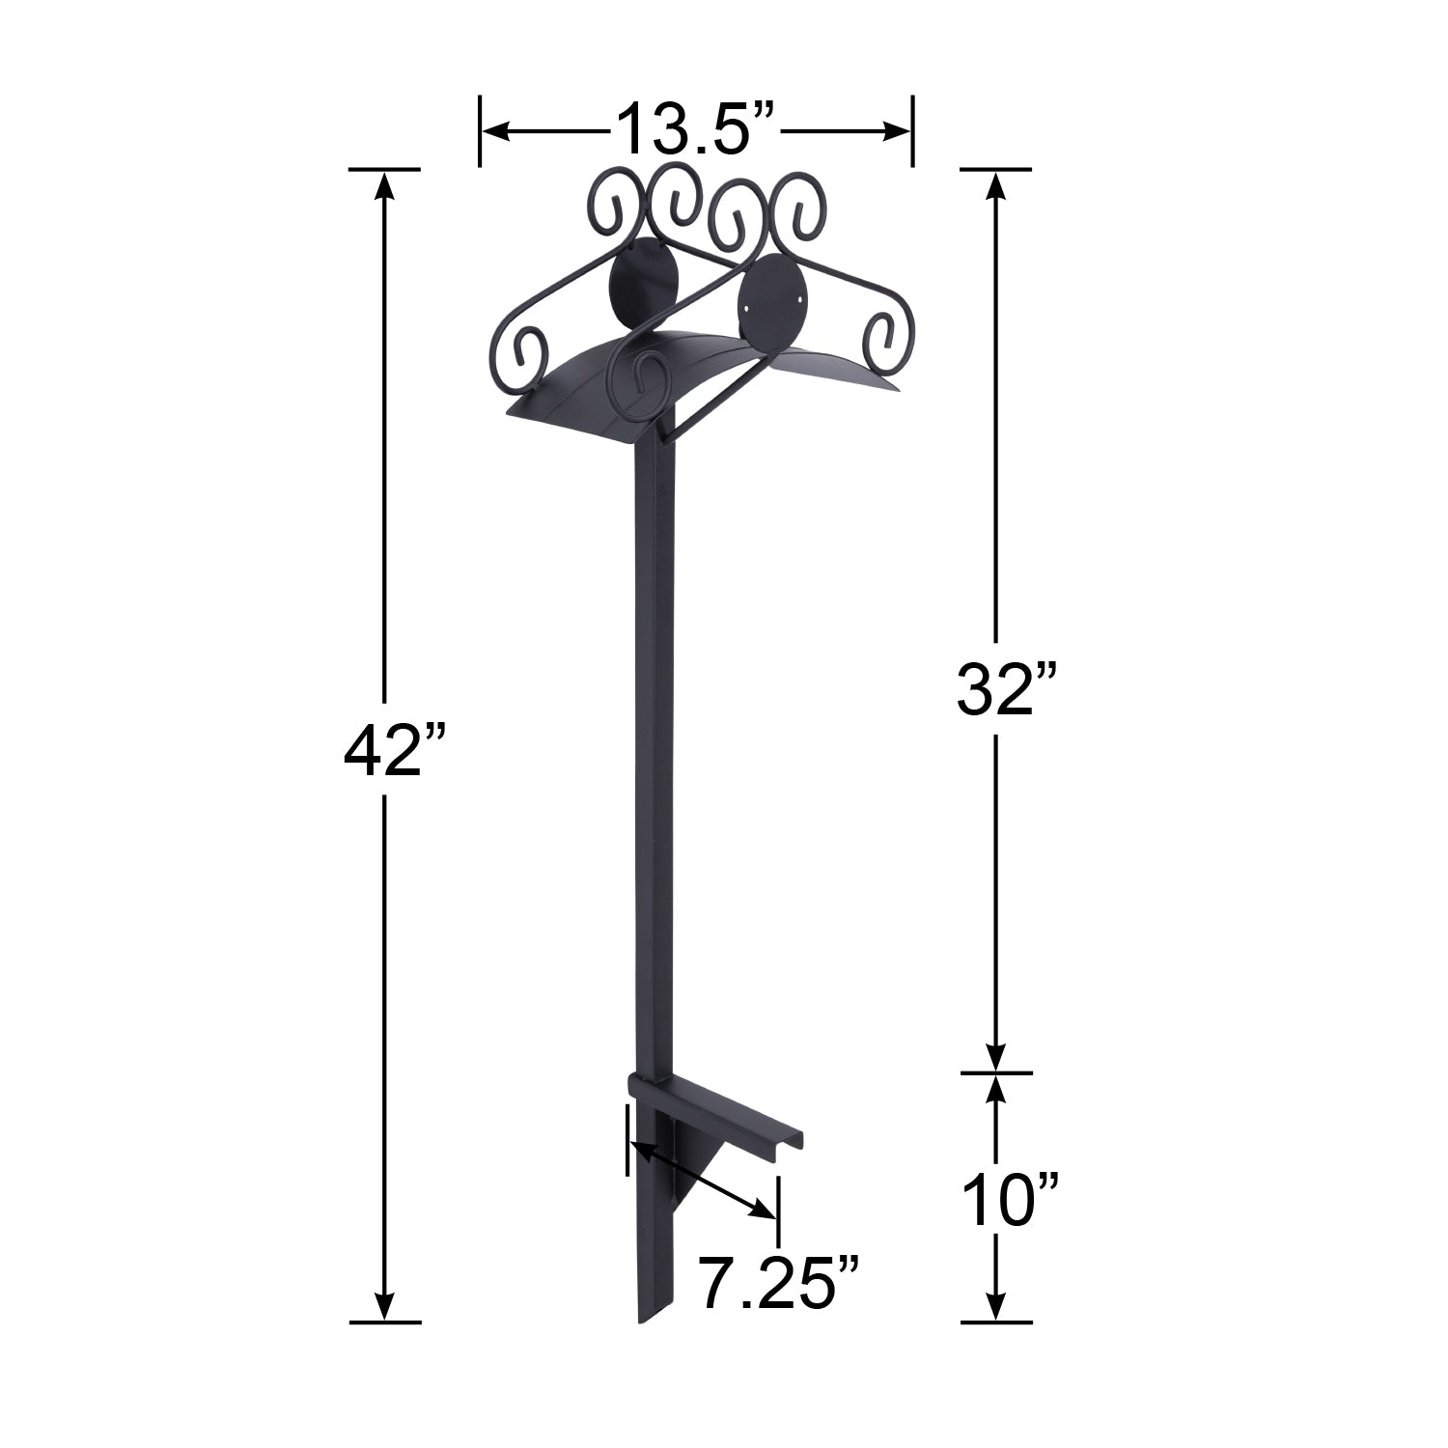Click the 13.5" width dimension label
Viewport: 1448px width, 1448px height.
point(696,128)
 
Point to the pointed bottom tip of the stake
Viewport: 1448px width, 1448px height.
point(639,1323)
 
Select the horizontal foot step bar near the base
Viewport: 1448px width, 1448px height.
point(713,1112)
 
